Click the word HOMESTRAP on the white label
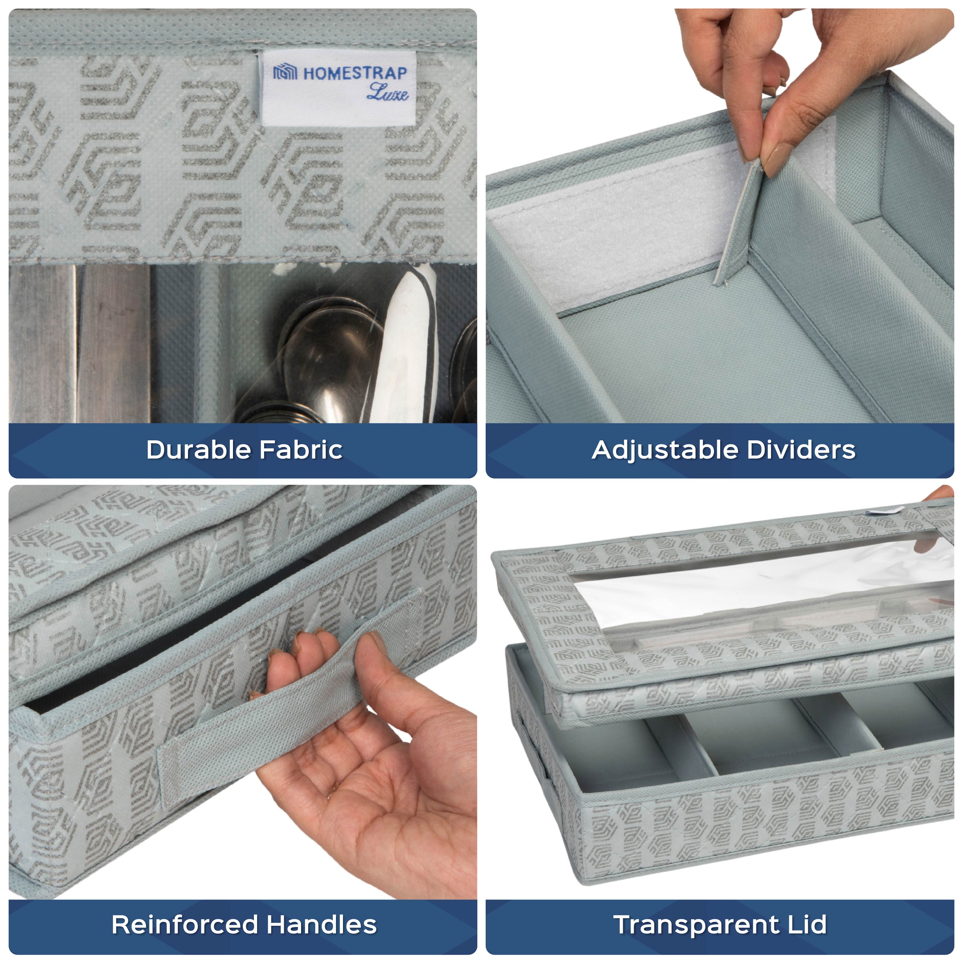tap(355, 73)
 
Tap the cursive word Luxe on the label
tap(387, 93)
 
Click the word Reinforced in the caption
tap(184, 925)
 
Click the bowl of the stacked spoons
tap(324, 349)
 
